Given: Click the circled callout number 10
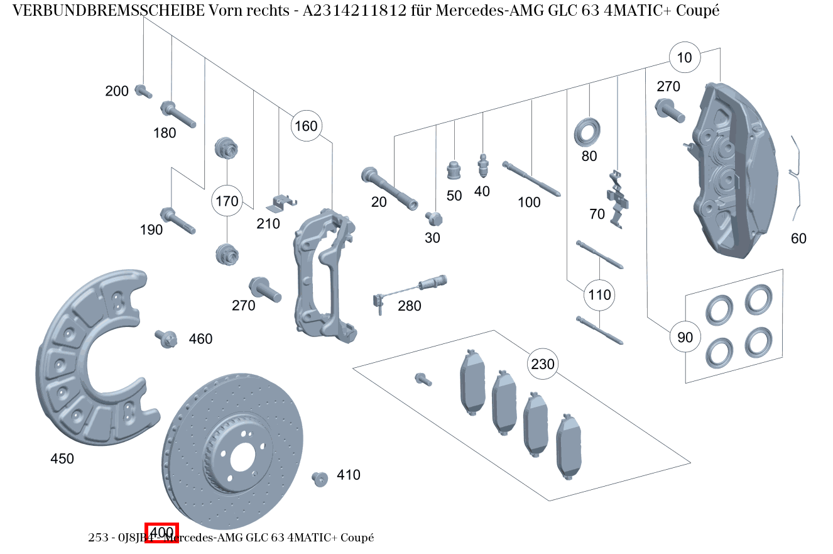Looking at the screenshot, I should pos(684,58).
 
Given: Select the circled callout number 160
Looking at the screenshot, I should pos(306,126).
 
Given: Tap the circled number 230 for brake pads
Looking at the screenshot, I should pos(543,364).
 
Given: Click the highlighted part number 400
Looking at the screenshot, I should pos(162,533).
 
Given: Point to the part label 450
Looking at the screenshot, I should pos(62,459).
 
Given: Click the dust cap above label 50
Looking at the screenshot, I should pos(454,170).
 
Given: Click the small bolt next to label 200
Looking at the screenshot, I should pos(143,92).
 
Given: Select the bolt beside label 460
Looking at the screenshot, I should pos(166,339).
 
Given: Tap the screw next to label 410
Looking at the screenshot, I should pos(320,479).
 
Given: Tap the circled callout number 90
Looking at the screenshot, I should pos(685,338).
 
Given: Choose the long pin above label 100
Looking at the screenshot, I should pos(531,179).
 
